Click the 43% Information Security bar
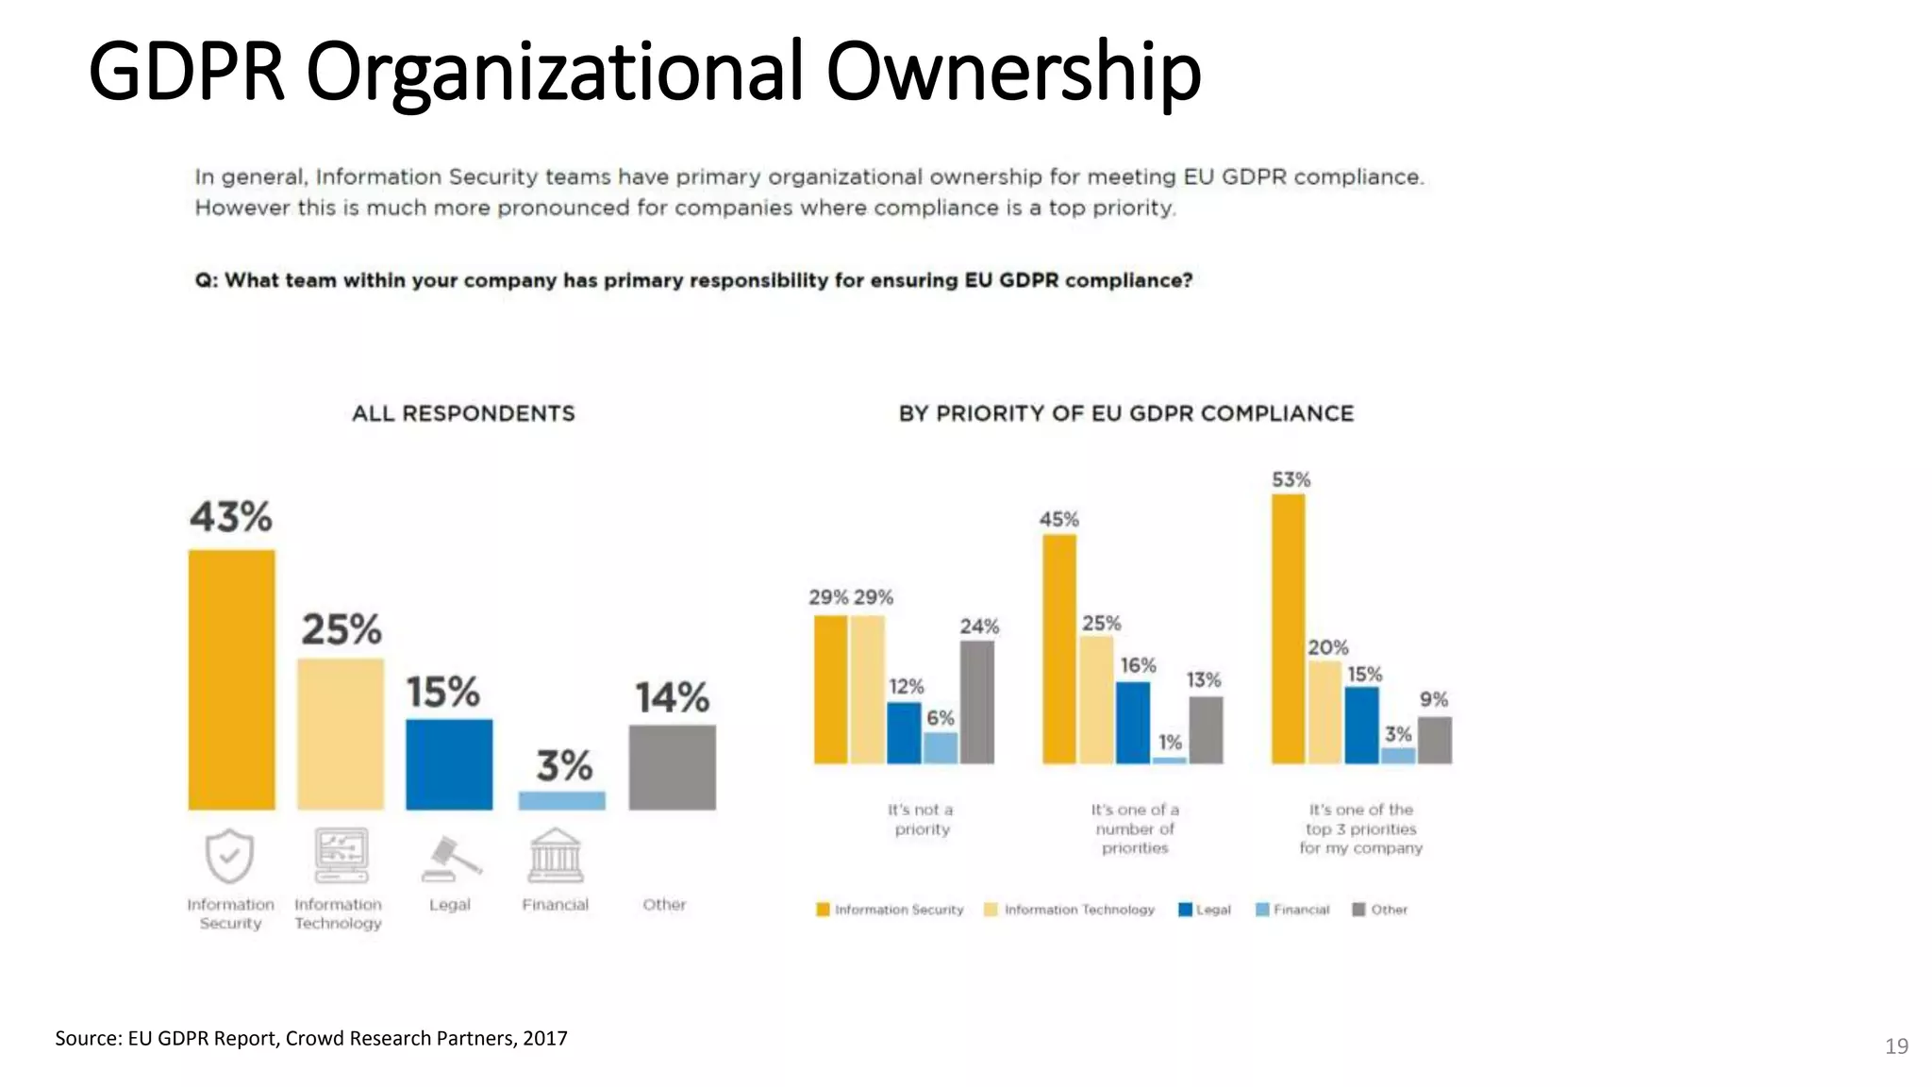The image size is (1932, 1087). [231, 679]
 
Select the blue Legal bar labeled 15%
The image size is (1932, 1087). [449, 764]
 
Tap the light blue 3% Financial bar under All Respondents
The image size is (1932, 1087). [561, 800]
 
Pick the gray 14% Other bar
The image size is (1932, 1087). [672, 767]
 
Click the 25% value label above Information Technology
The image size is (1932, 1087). [341, 629]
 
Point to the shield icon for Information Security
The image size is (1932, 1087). [229, 856]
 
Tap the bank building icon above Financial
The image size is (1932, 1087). [556, 855]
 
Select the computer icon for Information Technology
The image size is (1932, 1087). [341, 855]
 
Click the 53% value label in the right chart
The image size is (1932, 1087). [1291, 479]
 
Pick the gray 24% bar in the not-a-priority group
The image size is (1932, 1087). [977, 702]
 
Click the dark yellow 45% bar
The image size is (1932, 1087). [1059, 649]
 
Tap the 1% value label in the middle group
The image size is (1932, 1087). [1170, 743]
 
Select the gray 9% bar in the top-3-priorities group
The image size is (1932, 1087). [1435, 740]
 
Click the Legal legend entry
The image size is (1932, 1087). [1205, 910]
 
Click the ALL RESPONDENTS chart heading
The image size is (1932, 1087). [463, 413]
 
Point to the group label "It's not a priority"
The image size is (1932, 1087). [922, 819]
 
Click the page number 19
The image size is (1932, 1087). [1896, 1045]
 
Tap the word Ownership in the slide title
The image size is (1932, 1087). [1013, 73]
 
